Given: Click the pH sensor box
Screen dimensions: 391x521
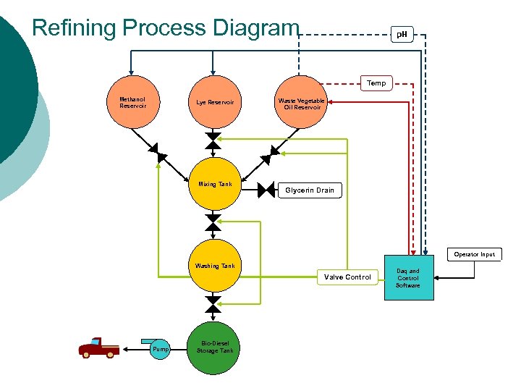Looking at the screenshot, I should (x=402, y=34).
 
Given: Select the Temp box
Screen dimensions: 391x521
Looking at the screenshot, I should (x=376, y=83).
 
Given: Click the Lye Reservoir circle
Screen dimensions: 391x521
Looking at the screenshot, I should (x=214, y=102).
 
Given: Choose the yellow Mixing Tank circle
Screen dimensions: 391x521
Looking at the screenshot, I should (x=214, y=184).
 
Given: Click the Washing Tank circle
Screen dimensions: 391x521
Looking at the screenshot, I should (x=214, y=266).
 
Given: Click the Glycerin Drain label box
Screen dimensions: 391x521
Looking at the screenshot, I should (x=310, y=190).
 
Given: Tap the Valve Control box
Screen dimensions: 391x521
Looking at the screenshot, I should (x=347, y=277).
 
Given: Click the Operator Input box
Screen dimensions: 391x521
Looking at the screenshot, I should (x=475, y=254).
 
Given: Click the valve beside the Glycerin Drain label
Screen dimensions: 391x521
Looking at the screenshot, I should (x=268, y=190).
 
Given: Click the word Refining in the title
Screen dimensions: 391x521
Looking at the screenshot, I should (x=75, y=28).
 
